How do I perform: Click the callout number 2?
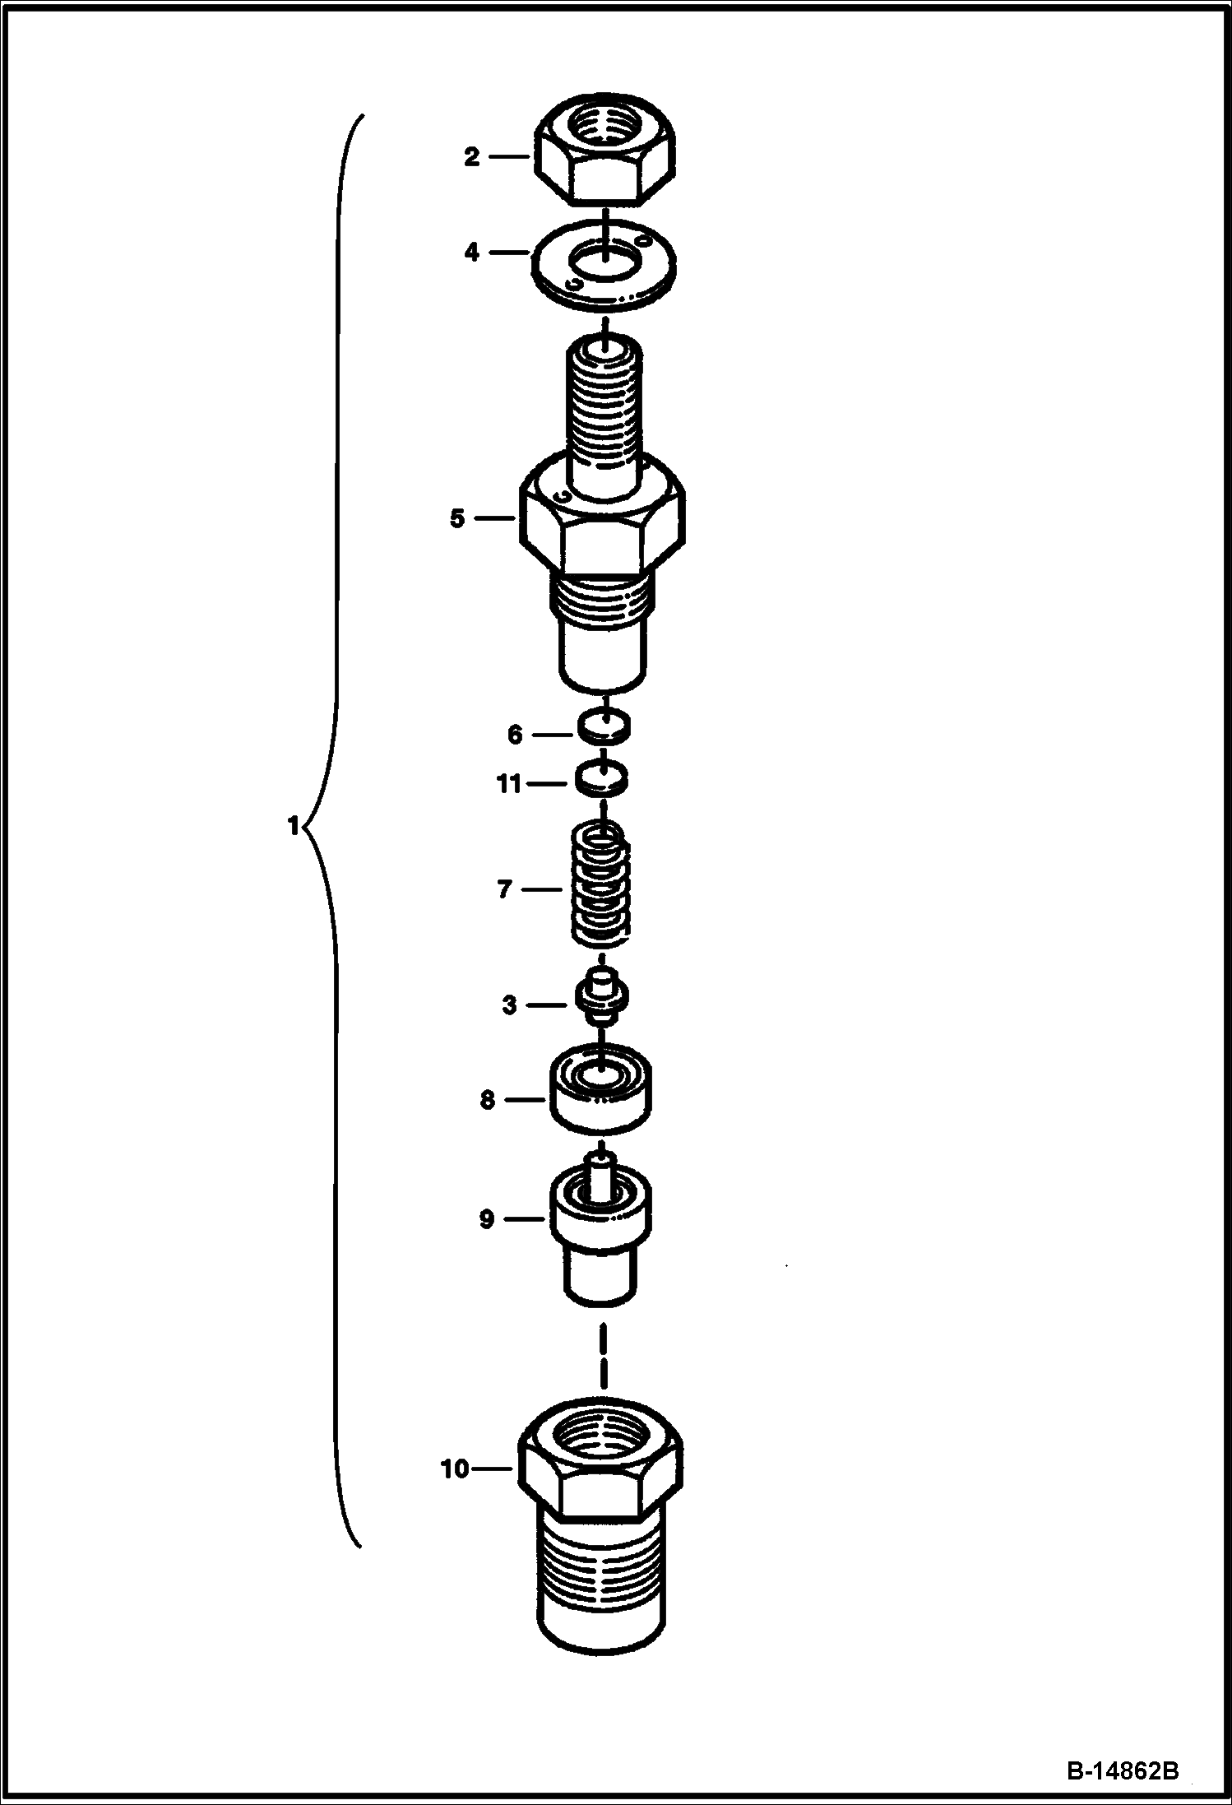click(471, 156)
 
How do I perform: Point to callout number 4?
click(471, 252)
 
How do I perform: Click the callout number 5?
click(457, 518)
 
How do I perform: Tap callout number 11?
click(509, 784)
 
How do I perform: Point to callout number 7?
click(505, 889)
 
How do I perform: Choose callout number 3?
click(510, 1005)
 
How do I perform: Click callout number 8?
click(488, 1099)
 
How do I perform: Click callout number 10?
click(455, 1469)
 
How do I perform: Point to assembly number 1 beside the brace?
click(293, 825)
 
